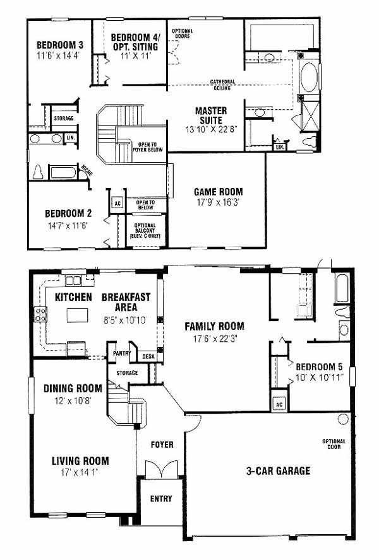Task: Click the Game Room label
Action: point(219,192)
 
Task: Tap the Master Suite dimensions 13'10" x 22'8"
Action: point(211,129)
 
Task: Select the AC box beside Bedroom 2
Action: point(117,204)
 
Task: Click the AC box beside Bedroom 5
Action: point(279,404)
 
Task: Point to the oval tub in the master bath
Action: point(310,78)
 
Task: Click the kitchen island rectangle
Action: point(78,315)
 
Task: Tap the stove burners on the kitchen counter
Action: point(40,314)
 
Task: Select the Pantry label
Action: point(122,353)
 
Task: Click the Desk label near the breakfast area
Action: point(148,356)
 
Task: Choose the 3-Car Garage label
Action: point(279,470)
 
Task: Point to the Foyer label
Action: point(162,445)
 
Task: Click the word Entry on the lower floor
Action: point(161,499)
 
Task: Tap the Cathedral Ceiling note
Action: point(222,85)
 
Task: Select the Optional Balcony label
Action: point(145,231)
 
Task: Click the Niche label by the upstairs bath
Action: point(87,170)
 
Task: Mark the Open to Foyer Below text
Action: point(147,147)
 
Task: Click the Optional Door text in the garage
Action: point(334,444)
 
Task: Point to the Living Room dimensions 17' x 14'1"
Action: point(80,472)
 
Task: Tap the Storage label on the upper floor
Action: point(64,118)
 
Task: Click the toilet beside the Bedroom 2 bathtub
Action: point(38,172)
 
